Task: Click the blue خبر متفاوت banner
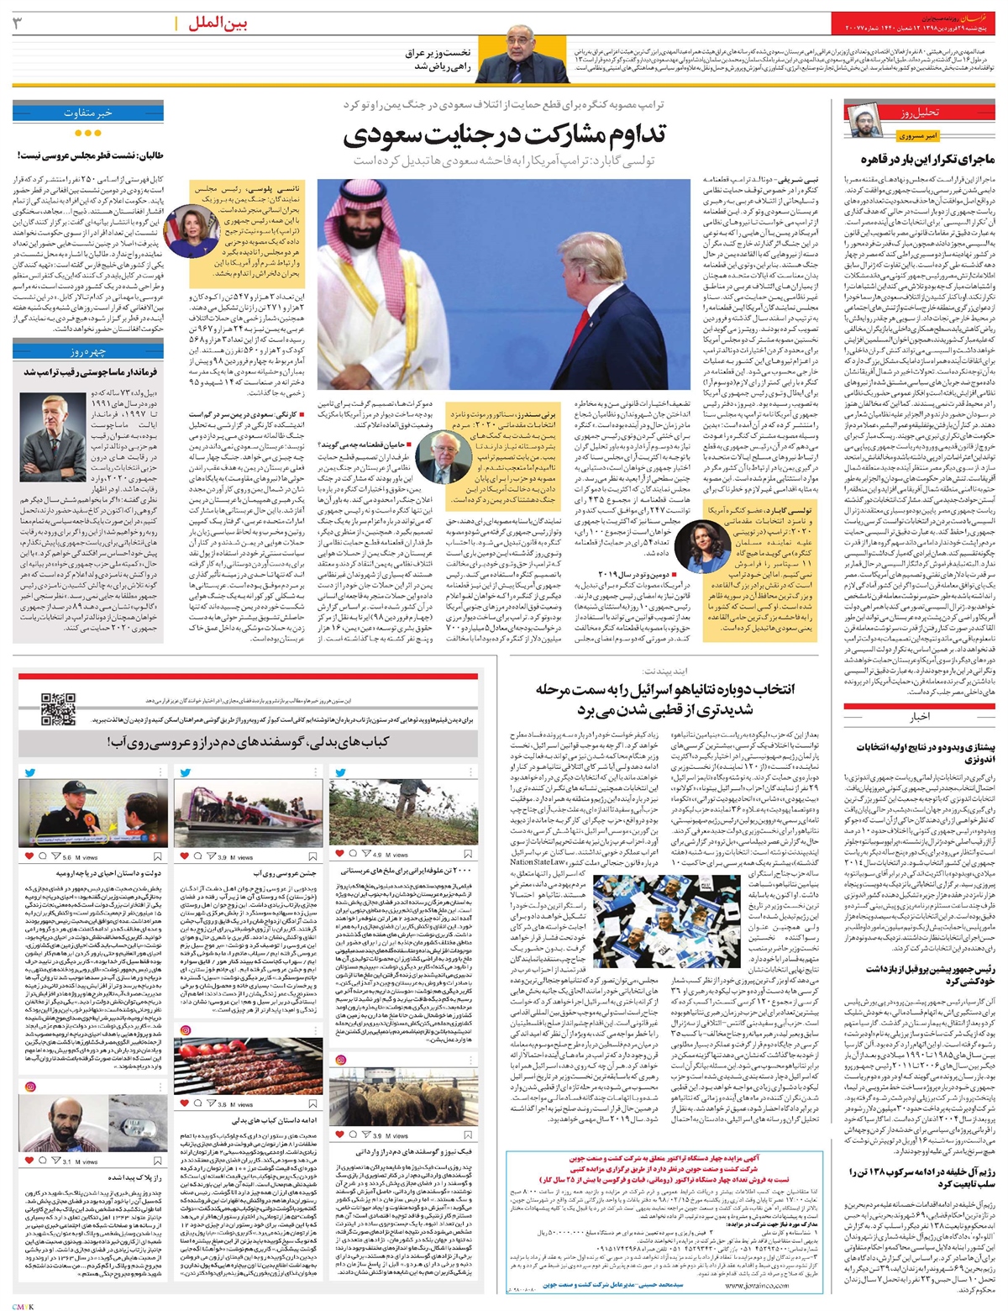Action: point(87,112)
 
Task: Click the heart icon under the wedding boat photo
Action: point(192,856)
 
